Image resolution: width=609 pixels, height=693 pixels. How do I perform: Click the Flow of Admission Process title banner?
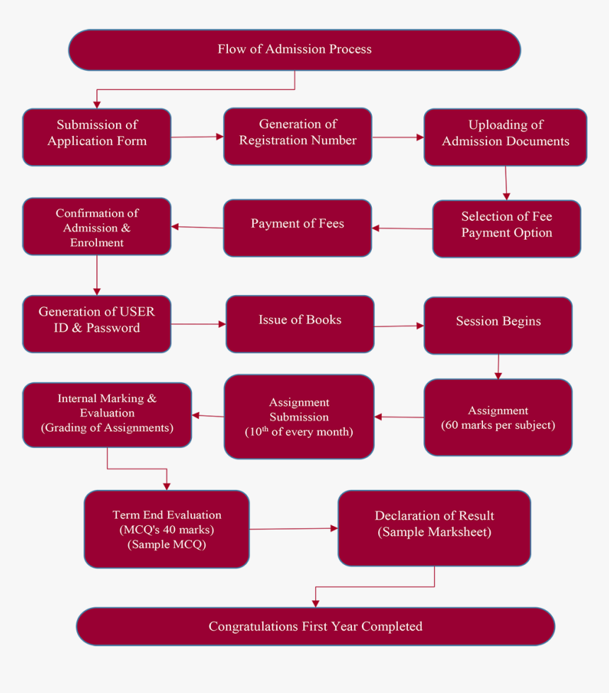[294, 50]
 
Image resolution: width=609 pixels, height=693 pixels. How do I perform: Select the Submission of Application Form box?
[96, 137]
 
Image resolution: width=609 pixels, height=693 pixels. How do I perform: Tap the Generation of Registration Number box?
[297, 136]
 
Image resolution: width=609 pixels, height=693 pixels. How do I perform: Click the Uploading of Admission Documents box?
[505, 137]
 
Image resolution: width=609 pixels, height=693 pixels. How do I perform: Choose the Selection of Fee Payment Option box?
[506, 228]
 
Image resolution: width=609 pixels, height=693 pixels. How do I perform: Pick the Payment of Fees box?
[297, 227]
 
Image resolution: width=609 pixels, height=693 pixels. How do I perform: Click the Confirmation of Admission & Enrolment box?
[96, 227]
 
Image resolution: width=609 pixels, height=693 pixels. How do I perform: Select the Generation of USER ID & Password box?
[96, 323]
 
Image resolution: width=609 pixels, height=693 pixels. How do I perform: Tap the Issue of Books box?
[300, 323]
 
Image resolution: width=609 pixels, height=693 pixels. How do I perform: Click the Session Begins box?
[498, 325]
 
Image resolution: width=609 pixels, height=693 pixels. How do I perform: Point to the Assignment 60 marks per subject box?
[498, 417]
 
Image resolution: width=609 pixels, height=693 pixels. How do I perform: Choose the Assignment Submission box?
[299, 416]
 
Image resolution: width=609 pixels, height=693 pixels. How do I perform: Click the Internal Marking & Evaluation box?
[107, 415]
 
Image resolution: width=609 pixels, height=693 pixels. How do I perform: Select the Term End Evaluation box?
[166, 529]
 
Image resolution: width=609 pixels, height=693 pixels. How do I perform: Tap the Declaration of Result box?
[434, 528]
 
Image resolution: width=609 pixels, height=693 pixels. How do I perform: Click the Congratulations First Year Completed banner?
[315, 626]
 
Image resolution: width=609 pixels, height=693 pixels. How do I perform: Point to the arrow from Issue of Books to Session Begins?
[399, 326]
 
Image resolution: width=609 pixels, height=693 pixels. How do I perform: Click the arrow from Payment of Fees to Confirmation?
[198, 227]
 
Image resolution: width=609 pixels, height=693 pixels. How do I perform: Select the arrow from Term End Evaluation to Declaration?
[294, 528]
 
